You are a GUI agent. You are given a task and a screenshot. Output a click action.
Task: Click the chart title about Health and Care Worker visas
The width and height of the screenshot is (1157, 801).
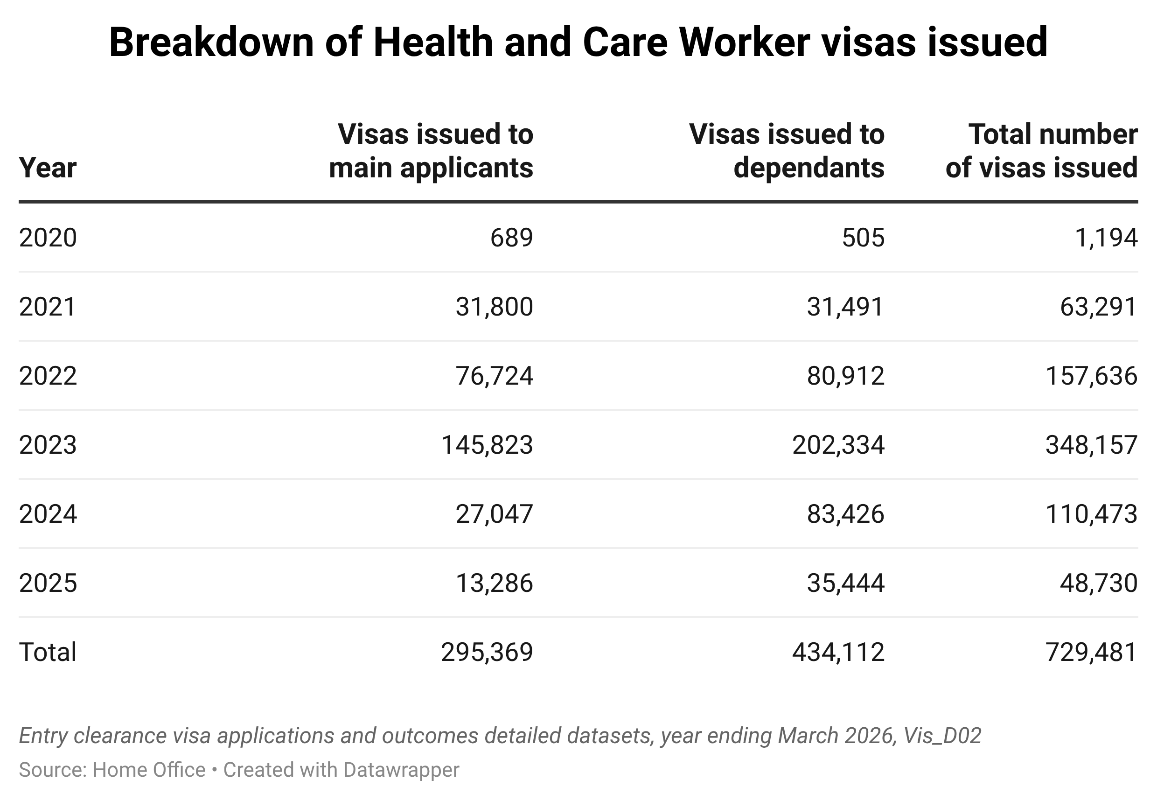click(x=578, y=42)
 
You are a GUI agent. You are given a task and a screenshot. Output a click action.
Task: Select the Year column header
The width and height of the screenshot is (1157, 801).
click(x=48, y=168)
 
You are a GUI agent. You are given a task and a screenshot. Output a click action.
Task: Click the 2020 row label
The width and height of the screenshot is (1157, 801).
click(x=48, y=238)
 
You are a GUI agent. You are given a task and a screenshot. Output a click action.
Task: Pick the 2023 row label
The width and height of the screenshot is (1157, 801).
click(x=48, y=445)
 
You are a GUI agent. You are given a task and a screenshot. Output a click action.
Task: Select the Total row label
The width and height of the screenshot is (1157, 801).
click(x=48, y=652)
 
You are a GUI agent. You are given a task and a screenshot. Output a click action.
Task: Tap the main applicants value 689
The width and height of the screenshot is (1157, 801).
click(x=511, y=238)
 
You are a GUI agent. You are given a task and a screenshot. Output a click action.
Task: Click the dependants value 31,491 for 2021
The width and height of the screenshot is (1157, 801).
click(x=845, y=307)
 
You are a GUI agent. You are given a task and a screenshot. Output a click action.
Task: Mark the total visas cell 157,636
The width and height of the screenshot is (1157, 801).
click(x=1091, y=376)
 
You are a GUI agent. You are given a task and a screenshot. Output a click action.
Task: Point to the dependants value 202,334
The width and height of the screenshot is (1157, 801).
click(x=838, y=445)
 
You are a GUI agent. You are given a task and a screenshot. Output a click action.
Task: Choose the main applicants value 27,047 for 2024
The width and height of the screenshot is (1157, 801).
click(x=494, y=514)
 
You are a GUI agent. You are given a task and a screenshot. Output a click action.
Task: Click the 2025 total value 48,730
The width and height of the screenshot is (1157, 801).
click(x=1098, y=583)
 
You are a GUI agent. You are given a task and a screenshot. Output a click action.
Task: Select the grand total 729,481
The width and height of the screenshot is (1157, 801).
click(x=1091, y=652)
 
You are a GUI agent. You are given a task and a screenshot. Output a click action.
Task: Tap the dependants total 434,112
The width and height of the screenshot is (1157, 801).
click(x=838, y=652)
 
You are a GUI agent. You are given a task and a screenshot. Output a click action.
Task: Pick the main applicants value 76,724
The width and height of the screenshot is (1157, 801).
click(x=494, y=376)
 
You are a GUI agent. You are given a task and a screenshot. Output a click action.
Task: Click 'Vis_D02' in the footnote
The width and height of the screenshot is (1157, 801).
click(x=942, y=736)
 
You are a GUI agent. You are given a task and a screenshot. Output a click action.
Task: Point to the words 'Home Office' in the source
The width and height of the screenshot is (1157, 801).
click(x=149, y=770)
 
